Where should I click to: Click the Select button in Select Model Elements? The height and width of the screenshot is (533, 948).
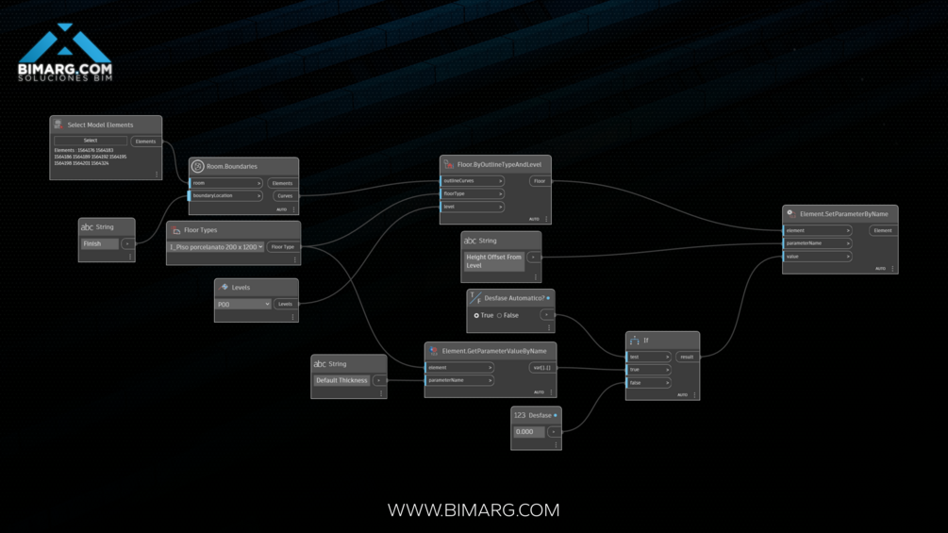[x=90, y=141]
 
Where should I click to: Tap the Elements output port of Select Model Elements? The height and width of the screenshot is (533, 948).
[x=145, y=142]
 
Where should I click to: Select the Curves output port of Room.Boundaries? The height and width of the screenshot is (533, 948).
[x=284, y=196]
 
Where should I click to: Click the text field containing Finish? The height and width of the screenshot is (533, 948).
[x=100, y=243]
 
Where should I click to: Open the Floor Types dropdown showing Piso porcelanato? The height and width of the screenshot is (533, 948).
[x=216, y=247]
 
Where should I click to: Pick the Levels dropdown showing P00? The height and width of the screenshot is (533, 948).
[x=243, y=305]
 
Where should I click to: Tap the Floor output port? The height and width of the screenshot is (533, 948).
[x=540, y=181]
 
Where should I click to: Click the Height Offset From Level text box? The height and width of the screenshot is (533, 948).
[x=493, y=261]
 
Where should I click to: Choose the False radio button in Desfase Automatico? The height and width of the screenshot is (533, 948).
[x=499, y=315]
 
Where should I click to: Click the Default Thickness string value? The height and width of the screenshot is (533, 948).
[x=341, y=380]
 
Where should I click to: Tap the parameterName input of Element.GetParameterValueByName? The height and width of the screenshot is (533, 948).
[x=459, y=380]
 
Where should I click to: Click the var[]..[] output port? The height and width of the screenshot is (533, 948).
[x=541, y=368]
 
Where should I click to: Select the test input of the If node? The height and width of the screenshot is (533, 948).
[x=649, y=358]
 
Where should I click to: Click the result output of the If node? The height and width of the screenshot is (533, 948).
[x=687, y=358]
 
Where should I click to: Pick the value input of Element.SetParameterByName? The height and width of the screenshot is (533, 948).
[x=817, y=256]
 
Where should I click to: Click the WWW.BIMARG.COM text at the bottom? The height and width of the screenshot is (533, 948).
[x=474, y=510]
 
